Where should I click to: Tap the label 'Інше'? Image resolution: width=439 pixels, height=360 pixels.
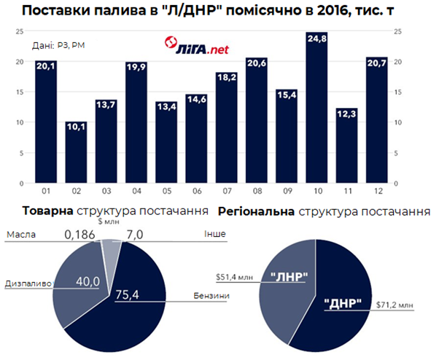point(217,235)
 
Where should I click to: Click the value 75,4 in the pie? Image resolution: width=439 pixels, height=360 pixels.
point(129,294)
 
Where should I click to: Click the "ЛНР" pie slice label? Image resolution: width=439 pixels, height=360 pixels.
point(287,278)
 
